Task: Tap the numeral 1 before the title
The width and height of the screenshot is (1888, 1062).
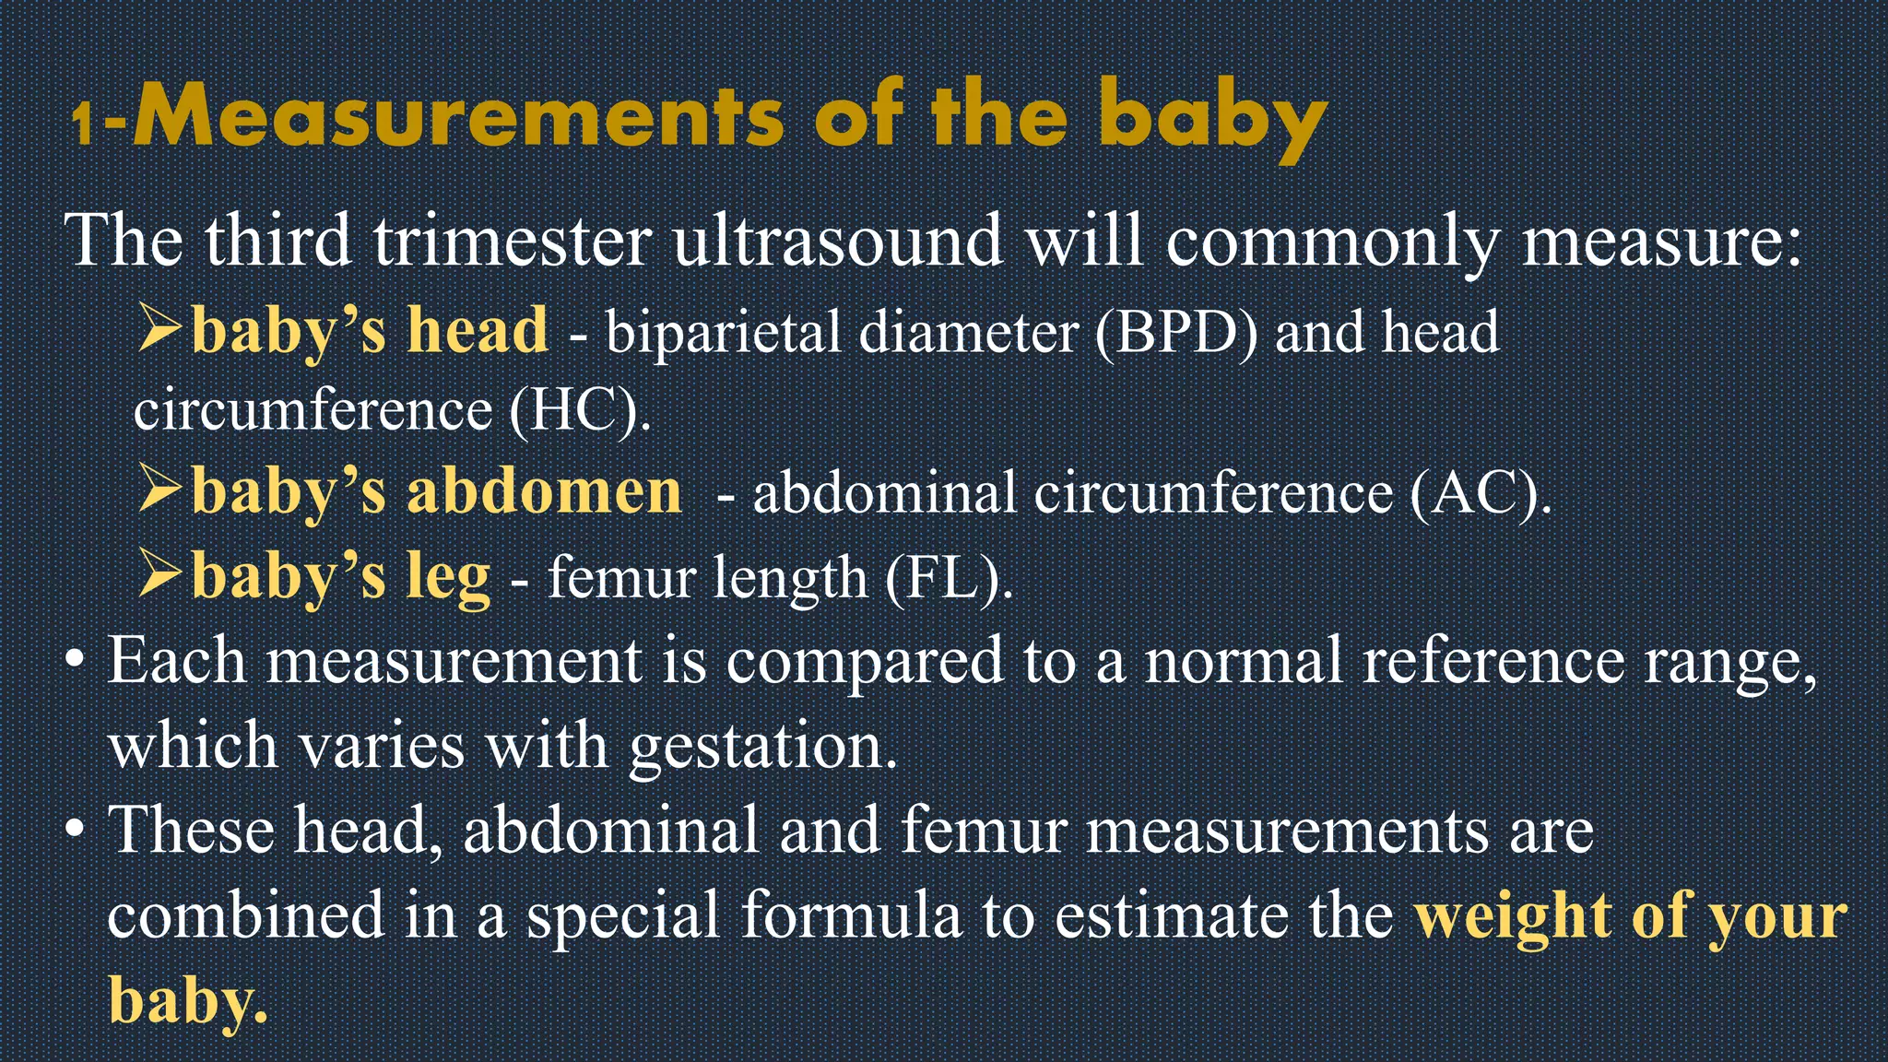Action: [83, 124]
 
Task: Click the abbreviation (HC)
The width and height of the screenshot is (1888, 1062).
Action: [579, 410]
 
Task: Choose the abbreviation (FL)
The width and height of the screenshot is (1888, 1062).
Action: [948, 579]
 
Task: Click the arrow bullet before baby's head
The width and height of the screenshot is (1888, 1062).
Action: [161, 328]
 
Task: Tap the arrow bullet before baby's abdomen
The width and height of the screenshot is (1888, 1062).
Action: [161, 489]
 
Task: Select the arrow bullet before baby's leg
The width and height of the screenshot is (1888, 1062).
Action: [161, 573]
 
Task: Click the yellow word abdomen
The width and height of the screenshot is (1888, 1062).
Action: [544, 490]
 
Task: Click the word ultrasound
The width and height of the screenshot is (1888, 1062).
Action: [837, 242]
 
